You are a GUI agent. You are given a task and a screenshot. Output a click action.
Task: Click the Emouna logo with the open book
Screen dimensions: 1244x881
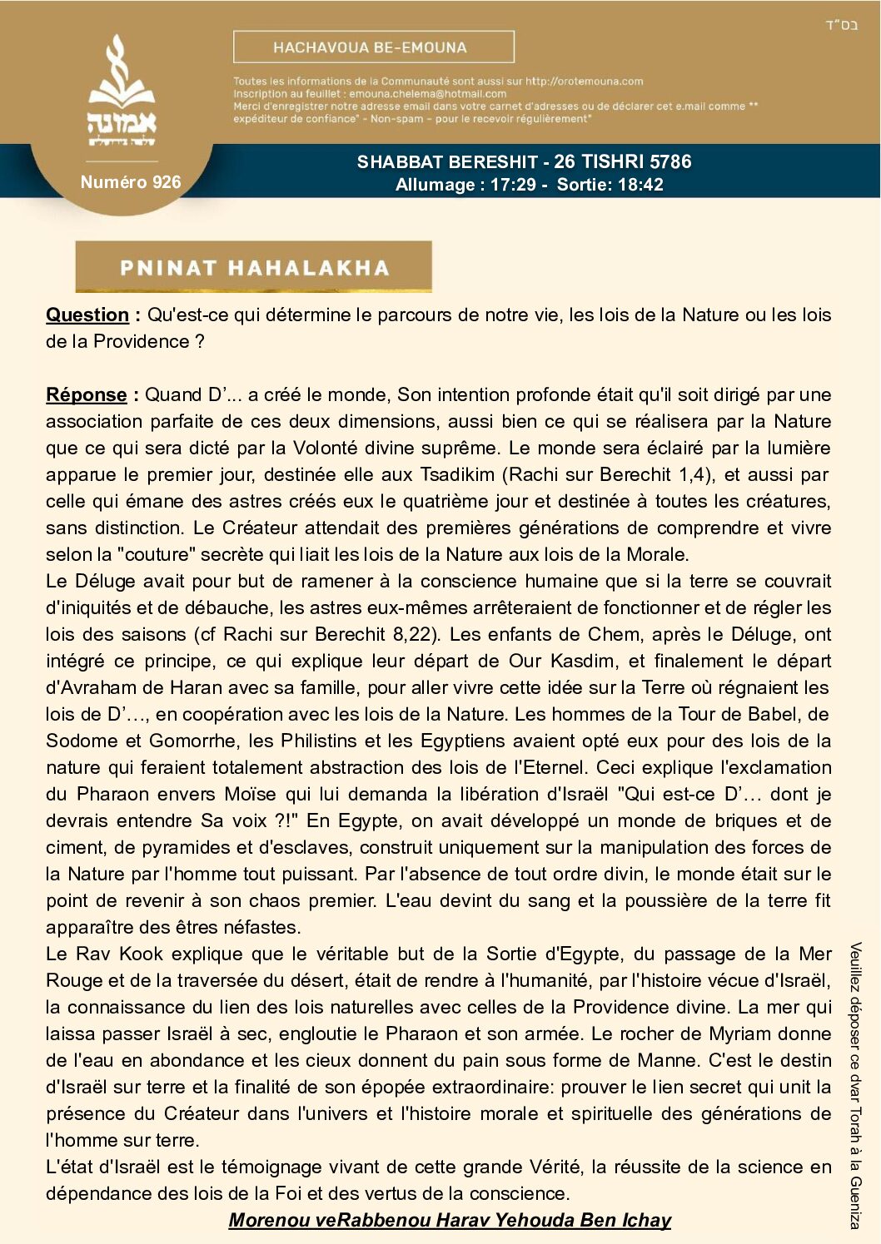pyautogui.click(x=122, y=92)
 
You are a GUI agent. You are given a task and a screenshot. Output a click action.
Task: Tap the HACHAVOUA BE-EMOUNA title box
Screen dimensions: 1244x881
pyautogui.click(x=373, y=47)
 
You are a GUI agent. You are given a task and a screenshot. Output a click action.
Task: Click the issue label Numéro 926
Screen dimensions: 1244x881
pyautogui.click(x=131, y=182)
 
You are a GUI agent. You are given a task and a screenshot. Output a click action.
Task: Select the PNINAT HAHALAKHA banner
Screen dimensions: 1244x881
pyautogui.click(x=254, y=267)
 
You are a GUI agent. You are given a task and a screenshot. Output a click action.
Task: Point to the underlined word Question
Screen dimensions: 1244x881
pyautogui.click(x=87, y=315)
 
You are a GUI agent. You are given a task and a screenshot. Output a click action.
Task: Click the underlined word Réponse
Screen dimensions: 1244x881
pyautogui.click(x=87, y=394)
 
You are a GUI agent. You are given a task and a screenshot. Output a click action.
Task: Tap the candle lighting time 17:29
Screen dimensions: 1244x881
pyautogui.click(x=513, y=185)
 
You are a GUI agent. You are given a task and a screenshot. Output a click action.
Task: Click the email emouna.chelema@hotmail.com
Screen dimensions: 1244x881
pyautogui.click(x=427, y=94)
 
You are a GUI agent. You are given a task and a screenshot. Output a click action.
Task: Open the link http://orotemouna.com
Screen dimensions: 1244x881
pyautogui.click(x=584, y=82)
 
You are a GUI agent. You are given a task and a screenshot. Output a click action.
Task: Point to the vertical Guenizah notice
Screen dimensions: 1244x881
pyautogui.click(x=855, y=1085)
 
